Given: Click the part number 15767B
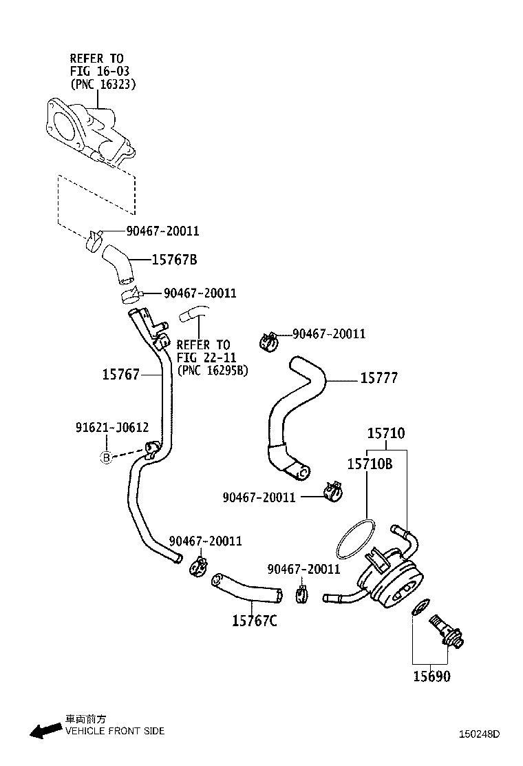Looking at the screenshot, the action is [x=174, y=260].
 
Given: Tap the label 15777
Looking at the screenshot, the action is [x=379, y=377].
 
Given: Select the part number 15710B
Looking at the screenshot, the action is [x=370, y=464].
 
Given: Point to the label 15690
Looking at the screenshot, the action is [x=431, y=676].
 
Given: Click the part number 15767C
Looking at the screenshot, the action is [x=254, y=621].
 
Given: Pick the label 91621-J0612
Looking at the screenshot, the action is [x=111, y=428].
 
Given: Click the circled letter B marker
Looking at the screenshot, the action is [x=107, y=458].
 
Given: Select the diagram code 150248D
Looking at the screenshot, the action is [x=479, y=734].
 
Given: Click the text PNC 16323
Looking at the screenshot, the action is [x=103, y=84].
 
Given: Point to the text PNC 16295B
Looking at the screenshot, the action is [x=213, y=371].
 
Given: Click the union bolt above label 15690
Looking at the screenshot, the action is [x=446, y=632].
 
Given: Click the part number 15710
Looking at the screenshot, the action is [x=386, y=433].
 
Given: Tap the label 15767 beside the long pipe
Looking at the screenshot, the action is [x=121, y=374].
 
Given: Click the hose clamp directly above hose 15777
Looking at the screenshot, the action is [x=268, y=342].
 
